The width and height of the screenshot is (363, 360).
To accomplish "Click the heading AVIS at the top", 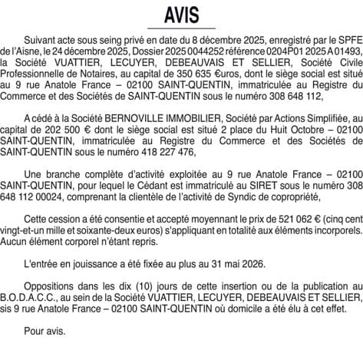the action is click(181, 15).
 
